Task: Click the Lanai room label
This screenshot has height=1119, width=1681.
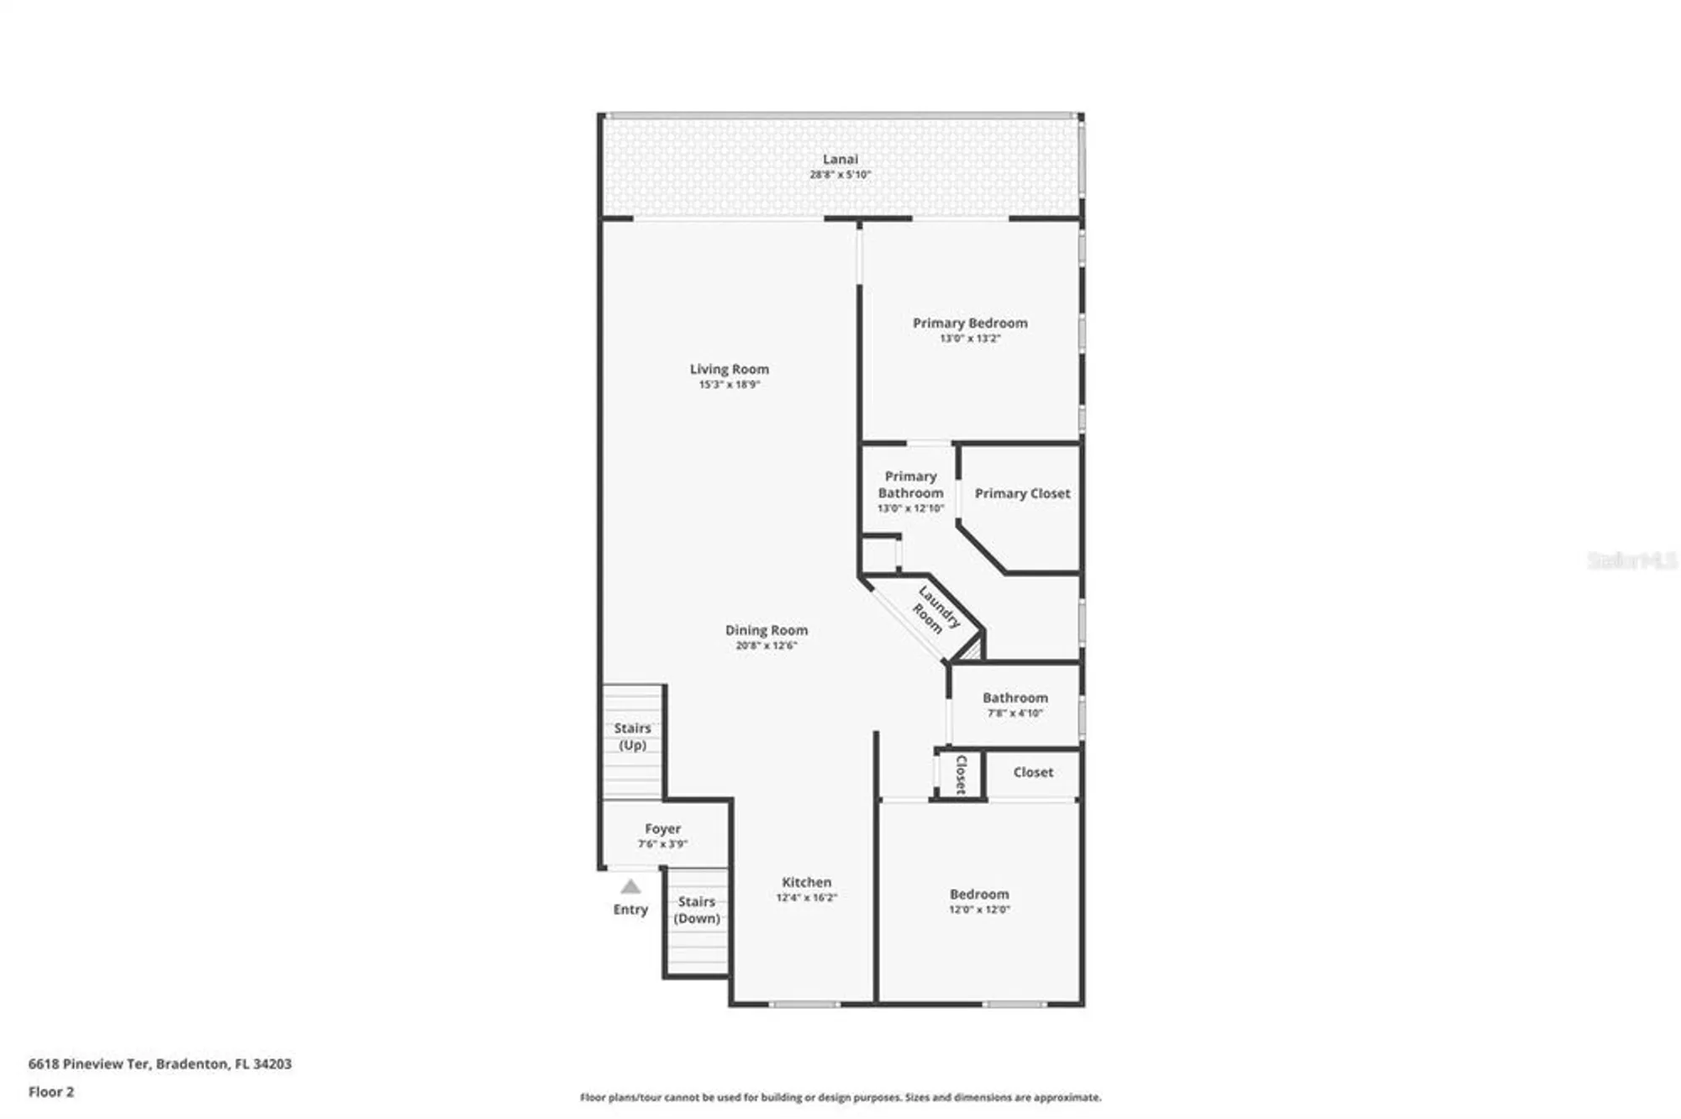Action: point(840,159)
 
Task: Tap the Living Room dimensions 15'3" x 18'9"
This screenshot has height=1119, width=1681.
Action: point(729,385)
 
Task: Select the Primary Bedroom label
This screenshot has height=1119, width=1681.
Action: point(970,323)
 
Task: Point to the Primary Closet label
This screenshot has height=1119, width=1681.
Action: point(1022,494)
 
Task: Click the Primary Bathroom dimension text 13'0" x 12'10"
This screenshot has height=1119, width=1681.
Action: point(910,508)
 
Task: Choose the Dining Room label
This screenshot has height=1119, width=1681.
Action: point(766,630)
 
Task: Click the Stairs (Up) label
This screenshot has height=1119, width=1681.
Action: point(632,737)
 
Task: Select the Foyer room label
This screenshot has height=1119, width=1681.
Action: point(662,829)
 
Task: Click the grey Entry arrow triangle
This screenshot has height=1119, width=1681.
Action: point(630,887)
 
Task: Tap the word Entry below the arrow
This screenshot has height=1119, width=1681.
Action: point(630,910)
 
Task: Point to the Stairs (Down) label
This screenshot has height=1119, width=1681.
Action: point(697,910)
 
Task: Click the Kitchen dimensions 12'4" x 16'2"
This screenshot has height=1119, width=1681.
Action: point(806,898)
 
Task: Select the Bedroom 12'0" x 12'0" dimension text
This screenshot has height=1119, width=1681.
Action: point(979,910)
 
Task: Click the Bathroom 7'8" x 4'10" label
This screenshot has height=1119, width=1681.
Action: point(1014,698)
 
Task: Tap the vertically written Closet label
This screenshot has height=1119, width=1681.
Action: point(961,774)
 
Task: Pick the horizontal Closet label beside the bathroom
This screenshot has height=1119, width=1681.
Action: point(1032,772)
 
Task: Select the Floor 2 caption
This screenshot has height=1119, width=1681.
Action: point(51,1092)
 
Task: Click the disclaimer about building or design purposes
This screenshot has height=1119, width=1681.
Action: point(840,1097)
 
